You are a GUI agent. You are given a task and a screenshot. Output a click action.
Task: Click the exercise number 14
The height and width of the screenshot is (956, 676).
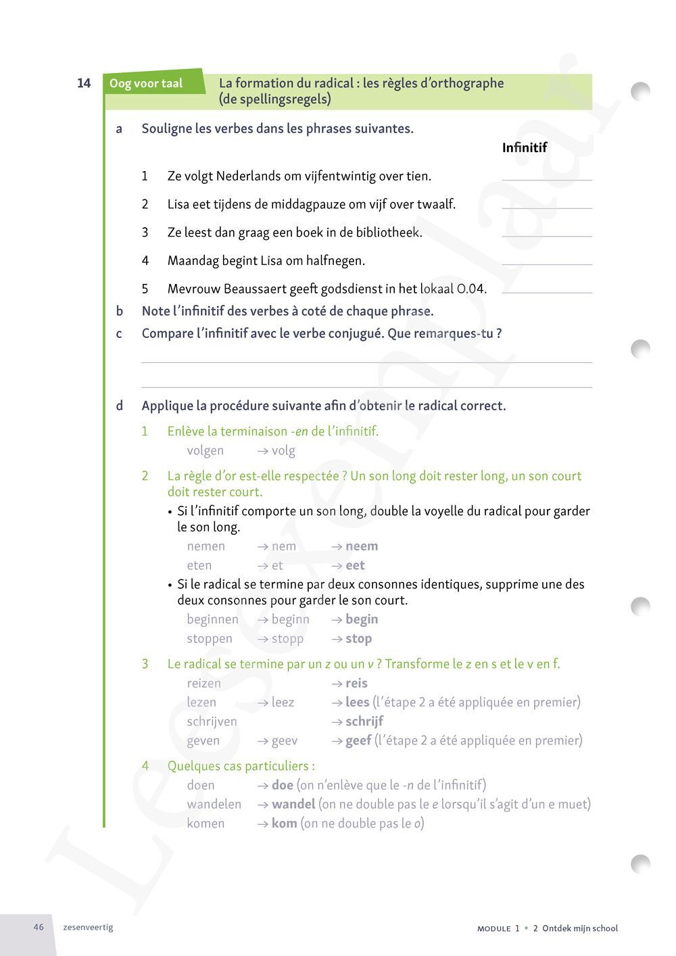point(84,83)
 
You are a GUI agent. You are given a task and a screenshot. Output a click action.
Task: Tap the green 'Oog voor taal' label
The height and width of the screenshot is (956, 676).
point(146,83)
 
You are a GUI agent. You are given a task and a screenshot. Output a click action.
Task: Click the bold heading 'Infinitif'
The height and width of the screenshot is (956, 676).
point(524,147)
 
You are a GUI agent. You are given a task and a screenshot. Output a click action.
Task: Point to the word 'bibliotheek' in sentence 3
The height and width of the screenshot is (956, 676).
point(388,233)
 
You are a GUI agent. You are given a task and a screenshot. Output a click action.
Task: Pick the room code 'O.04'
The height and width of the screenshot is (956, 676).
point(471,289)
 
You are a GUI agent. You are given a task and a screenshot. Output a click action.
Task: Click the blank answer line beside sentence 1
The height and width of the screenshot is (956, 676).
point(546,178)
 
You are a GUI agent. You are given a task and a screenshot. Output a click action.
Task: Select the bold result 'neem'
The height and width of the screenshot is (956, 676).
point(362,546)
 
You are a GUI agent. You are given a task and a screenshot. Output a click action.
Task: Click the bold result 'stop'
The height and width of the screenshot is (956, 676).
point(358,639)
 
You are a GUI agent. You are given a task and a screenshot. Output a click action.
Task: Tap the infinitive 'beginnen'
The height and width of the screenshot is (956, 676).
point(212,619)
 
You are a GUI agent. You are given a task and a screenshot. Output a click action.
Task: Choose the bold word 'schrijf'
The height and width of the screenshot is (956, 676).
point(364,721)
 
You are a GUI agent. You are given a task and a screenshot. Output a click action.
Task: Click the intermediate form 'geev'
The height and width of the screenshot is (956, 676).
point(284,740)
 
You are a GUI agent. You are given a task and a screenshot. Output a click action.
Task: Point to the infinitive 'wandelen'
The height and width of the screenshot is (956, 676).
point(214,804)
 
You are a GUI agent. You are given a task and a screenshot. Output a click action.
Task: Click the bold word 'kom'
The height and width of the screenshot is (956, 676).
point(284,823)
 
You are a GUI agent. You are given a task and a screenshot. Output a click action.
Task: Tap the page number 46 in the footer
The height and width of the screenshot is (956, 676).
point(39,927)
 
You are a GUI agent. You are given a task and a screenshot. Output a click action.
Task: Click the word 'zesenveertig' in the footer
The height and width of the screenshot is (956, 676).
point(88,927)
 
